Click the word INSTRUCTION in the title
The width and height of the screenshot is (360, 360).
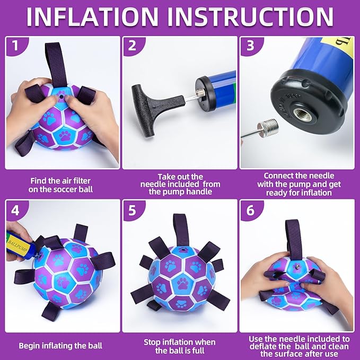[x=250, y=17]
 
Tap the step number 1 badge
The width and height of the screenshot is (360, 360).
[x=15, y=46]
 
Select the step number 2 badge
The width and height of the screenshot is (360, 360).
[x=132, y=46]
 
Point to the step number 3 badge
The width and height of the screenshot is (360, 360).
[x=250, y=46]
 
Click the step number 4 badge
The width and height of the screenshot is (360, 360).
[x=15, y=210]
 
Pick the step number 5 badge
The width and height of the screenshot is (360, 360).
[x=132, y=210]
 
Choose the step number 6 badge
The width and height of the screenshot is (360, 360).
[x=250, y=210]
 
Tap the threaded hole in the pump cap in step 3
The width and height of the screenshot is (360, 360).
[x=303, y=113]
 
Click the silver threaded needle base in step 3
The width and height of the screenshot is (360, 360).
[x=268, y=127]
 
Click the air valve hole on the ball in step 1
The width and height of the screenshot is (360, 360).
[x=61, y=97]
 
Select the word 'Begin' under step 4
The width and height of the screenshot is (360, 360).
[x=29, y=346]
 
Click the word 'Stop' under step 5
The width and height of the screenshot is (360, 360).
[x=152, y=342]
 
